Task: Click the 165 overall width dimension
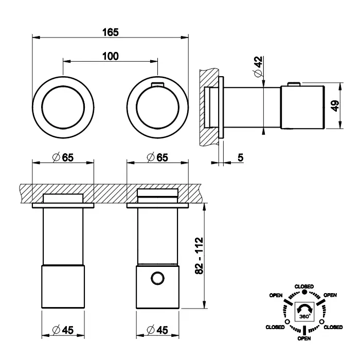[x=111, y=32]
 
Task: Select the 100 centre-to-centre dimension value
[x=110, y=56]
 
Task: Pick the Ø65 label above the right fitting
[x=157, y=157]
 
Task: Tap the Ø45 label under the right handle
[x=157, y=331]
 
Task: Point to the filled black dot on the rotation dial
[x=304, y=292]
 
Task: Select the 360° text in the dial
[x=304, y=316]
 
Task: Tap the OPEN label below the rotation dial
[x=304, y=339]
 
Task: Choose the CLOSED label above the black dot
[x=304, y=286]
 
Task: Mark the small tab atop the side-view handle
[x=293, y=84]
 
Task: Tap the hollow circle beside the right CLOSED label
[x=322, y=322]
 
